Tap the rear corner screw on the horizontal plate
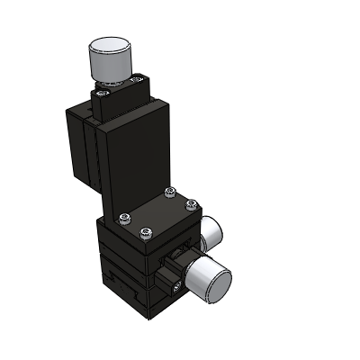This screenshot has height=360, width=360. (170, 193)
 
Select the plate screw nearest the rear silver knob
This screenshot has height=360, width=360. (191, 206)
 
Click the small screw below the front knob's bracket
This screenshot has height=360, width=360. (176, 286)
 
